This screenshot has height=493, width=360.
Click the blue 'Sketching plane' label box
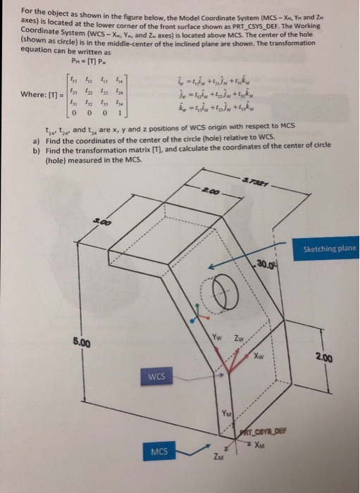330,249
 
